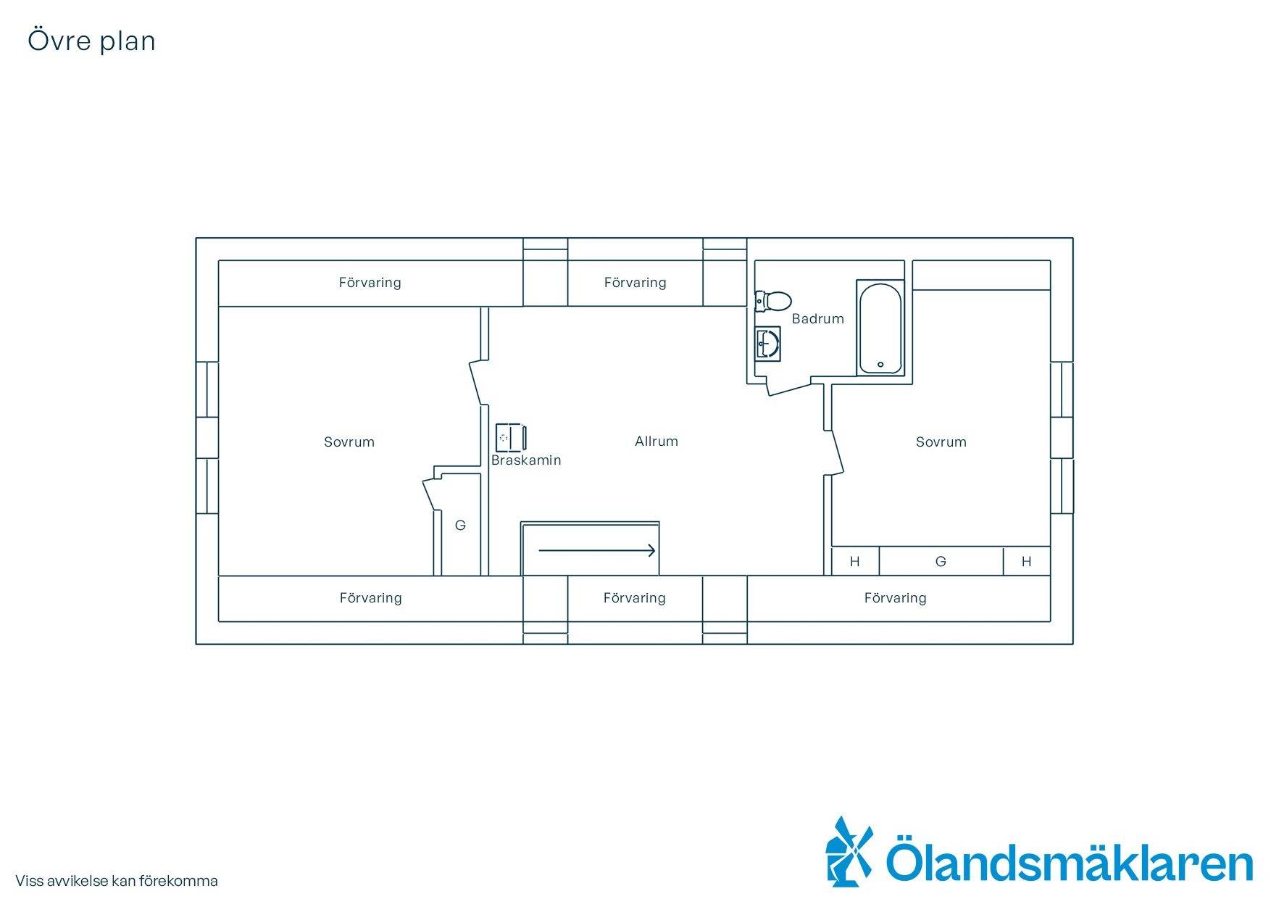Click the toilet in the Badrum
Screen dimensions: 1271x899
coord(772,300)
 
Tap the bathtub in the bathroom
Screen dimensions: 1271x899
coord(880,328)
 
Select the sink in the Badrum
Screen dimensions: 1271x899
coord(767,343)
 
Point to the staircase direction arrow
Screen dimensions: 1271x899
coord(597,550)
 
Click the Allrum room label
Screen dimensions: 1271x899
coord(657,441)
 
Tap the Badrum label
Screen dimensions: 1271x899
coord(818,318)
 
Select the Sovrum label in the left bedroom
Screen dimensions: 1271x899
coord(349,442)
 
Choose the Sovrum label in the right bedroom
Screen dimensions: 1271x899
coord(941,442)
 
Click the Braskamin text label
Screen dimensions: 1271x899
coord(526,460)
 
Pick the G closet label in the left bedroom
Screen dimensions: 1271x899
coord(460,526)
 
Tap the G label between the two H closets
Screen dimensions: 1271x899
coord(941,561)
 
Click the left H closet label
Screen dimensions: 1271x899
coord(855,561)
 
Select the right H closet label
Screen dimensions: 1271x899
coord(1026,561)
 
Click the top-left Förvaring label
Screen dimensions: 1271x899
coord(370,283)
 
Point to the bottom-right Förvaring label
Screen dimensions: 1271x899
coord(896,598)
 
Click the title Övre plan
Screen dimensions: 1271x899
coord(92,41)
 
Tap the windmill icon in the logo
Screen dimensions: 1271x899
coord(850,851)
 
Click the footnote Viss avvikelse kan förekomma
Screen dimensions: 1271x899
coord(117,881)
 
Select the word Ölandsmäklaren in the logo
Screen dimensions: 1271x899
coord(1070,860)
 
